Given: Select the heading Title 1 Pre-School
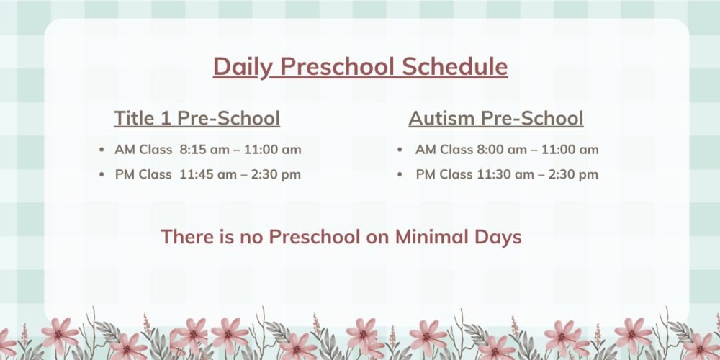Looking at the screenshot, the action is point(197,118).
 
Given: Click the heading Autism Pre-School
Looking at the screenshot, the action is point(496,118).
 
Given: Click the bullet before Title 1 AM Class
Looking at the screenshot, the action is point(102,150).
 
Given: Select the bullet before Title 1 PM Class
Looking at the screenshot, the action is point(102,174).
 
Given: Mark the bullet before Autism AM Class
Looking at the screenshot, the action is point(400,150).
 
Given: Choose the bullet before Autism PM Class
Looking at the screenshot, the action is point(400,174).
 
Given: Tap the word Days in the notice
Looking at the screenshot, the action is point(498,238).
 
